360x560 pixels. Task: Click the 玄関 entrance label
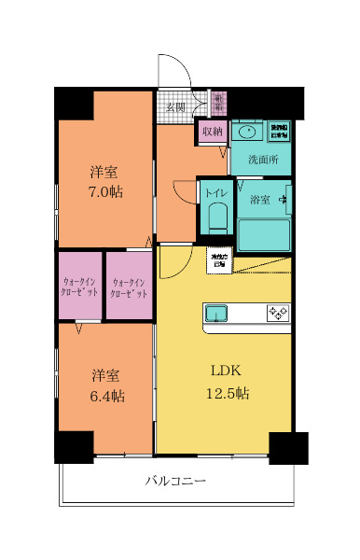[x=174, y=106]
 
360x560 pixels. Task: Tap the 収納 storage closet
[x=212, y=132]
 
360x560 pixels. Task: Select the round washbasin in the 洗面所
[x=248, y=132]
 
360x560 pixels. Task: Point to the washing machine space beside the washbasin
[x=279, y=131]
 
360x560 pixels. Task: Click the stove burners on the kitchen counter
[x=277, y=313]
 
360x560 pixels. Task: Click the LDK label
[x=226, y=371]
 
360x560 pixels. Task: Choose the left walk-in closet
[x=80, y=287]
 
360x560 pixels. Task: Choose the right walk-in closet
[x=129, y=287]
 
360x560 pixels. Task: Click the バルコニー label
[x=174, y=482]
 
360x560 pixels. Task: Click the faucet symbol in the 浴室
[x=285, y=197]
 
